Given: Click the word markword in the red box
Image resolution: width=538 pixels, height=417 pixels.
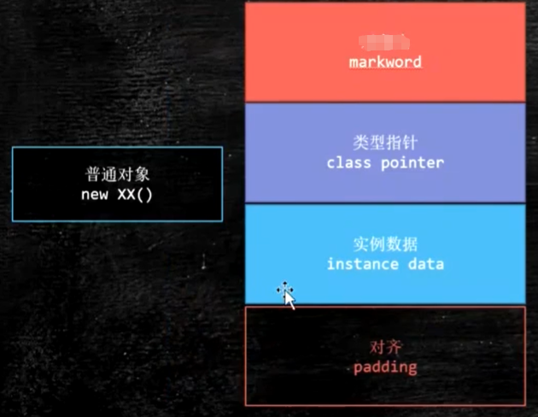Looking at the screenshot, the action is point(385,62).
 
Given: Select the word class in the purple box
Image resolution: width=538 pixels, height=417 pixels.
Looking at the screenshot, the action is point(347,162).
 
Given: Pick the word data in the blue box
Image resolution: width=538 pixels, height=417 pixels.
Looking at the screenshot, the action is point(428,264).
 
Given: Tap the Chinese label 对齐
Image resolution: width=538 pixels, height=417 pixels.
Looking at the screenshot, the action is point(385,348).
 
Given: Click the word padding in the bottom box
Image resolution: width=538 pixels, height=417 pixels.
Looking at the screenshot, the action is point(385,367).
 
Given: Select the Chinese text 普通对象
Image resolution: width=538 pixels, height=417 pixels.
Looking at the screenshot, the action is point(118,173).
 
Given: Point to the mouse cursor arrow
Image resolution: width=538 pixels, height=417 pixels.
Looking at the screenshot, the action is point(290,299).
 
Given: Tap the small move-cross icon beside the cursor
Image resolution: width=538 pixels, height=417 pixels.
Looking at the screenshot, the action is point(281,290).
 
